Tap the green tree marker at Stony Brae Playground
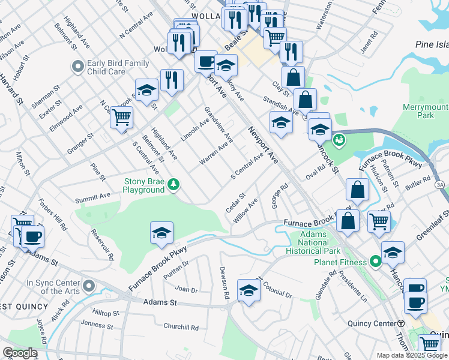173,184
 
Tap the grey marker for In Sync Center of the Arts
89,284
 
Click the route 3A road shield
441,185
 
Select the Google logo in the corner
20,353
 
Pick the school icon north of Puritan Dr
161,233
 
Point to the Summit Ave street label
92,197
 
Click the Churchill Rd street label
181,327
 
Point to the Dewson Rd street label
224,283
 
